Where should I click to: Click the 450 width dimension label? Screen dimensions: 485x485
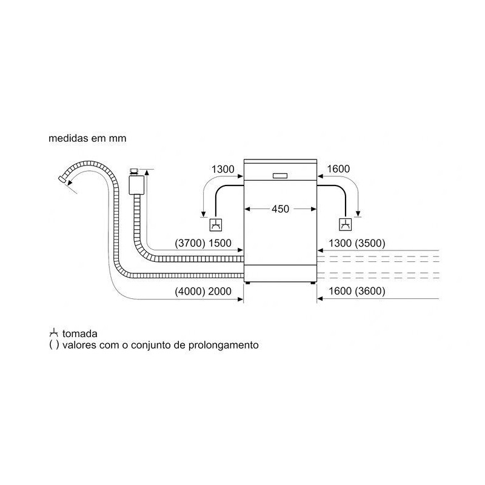280,209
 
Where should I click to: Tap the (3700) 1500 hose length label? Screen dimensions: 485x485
203,243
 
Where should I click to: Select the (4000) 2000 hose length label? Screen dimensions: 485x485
203,291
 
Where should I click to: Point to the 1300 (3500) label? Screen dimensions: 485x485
356,243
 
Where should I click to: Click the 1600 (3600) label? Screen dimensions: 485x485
356,291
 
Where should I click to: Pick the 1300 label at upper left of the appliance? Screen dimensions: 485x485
222,170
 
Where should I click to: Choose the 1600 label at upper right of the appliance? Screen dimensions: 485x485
338,169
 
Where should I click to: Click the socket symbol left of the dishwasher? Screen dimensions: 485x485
216,224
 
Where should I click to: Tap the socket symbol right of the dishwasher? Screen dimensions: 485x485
346,224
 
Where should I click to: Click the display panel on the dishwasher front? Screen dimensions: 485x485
280,176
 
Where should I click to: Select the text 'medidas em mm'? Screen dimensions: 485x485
87,138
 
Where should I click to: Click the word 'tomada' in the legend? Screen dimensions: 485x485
80,334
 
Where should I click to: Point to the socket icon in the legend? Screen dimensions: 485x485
54,333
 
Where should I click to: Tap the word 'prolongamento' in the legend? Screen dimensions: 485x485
223,345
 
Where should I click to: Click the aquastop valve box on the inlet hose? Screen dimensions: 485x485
136,185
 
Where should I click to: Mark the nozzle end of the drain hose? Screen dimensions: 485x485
62,179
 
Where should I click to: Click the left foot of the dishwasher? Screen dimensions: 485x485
248,283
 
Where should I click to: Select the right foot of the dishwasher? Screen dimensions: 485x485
313,283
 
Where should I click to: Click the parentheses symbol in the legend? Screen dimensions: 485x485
54,345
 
